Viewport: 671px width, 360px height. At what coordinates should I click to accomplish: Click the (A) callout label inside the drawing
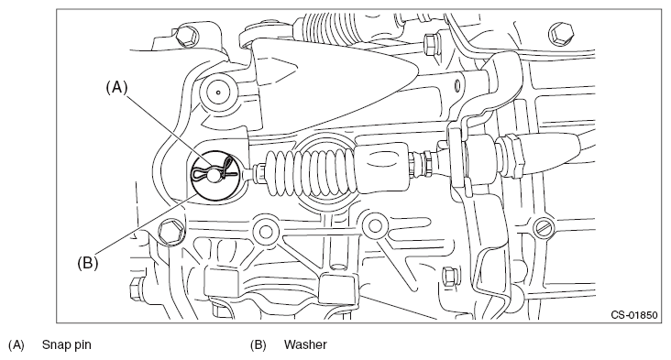coord(116,88)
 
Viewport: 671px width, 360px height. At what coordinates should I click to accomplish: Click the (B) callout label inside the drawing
coord(88,263)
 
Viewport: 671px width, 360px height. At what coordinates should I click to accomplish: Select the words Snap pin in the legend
coord(66,344)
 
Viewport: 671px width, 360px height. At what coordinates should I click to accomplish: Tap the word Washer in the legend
coord(305,344)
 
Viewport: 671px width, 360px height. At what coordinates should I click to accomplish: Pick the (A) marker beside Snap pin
coord(16,344)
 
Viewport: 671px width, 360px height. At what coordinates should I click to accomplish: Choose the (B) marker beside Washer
coord(258,344)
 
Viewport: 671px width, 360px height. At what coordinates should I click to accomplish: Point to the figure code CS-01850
coord(633,315)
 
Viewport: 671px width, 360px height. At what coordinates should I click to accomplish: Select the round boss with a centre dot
coord(218,92)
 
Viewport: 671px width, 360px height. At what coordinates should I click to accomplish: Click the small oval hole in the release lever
coord(456,85)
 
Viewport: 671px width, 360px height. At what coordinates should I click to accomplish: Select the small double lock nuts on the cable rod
coord(423,165)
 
